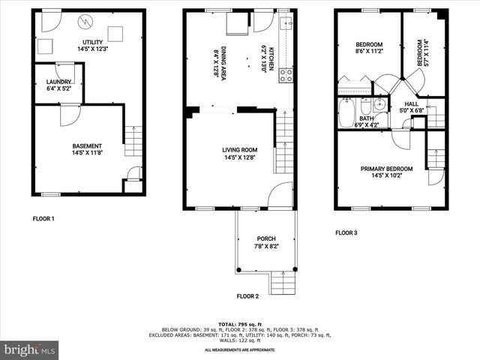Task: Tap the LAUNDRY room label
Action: tap(58, 82)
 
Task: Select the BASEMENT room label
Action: tap(87, 145)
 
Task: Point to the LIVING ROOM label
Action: tap(239, 149)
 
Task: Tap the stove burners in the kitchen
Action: tap(286, 75)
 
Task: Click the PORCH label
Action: tap(266, 238)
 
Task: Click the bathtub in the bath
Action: tap(347, 113)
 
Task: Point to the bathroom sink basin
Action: tap(379, 106)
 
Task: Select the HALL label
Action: tap(412, 104)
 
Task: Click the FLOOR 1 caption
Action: tap(43, 219)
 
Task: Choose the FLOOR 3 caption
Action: tap(346, 232)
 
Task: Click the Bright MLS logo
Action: tap(30, 349)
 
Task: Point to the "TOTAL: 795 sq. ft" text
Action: tap(240, 323)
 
